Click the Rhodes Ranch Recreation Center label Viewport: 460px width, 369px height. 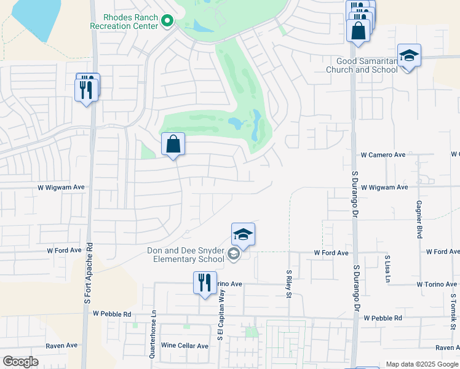tap(124, 22)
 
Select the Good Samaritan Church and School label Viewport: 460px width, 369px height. tap(367, 65)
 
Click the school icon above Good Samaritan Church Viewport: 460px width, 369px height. tap(409, 57)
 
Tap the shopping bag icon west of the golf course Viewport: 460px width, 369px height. tap(173, 145)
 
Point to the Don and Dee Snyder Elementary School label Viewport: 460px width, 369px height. tap(186, 255)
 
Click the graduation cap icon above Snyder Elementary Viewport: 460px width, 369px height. tap(244, 234)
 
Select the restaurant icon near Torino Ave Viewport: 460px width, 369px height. tap(205, 284)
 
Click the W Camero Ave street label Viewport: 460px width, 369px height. tap(383, 155)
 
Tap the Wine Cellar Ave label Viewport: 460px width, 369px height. tap(184, 346)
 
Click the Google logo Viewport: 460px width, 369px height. tap(20, 361)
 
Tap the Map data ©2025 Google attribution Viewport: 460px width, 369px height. tap(422, 364)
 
